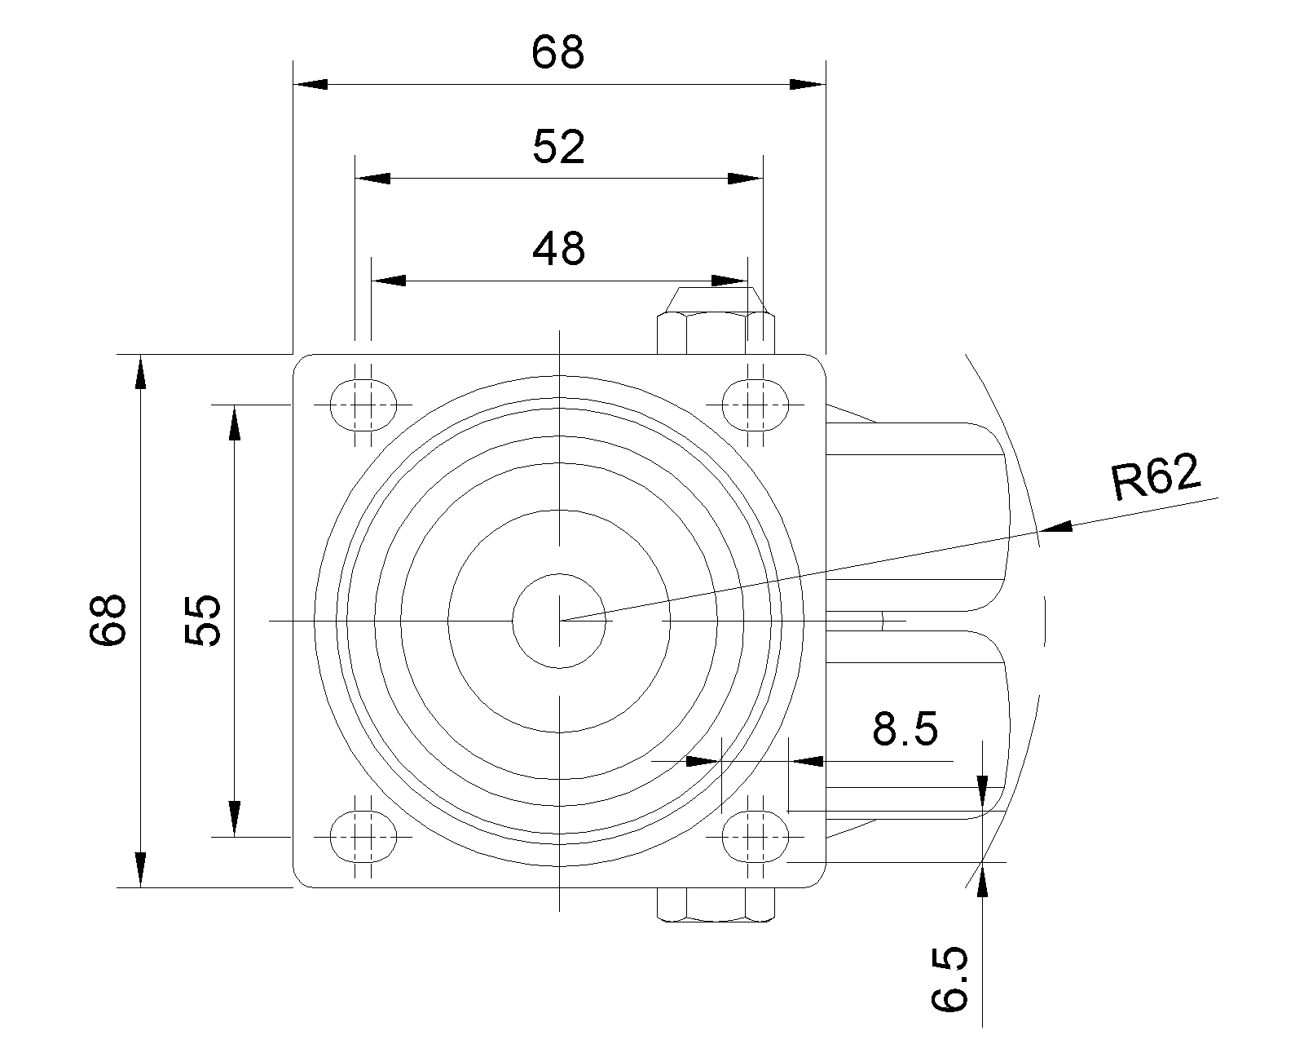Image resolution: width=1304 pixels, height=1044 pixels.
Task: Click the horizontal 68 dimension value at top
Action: [x=558, y=53]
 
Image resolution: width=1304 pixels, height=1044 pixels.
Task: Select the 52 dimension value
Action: [x=558, y=148]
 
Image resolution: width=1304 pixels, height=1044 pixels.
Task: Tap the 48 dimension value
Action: [x=558, y=249]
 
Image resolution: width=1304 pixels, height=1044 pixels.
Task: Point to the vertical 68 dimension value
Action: [x=108, y=620]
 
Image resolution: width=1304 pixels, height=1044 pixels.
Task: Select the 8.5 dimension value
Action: [x=905, y=729]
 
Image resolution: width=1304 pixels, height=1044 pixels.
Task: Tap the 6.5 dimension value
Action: [x=950, y=979]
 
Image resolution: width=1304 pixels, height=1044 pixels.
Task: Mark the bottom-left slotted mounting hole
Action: [x=363, y=837]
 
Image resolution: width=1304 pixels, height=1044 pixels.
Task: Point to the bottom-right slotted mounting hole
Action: [x=756, y=837]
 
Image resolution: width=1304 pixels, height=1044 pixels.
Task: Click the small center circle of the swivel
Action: [x=560, y=621]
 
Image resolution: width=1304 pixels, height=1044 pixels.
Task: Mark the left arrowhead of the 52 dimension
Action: [x=372, y=179]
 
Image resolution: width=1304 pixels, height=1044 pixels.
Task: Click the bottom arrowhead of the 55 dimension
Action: [x=235, y=820]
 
